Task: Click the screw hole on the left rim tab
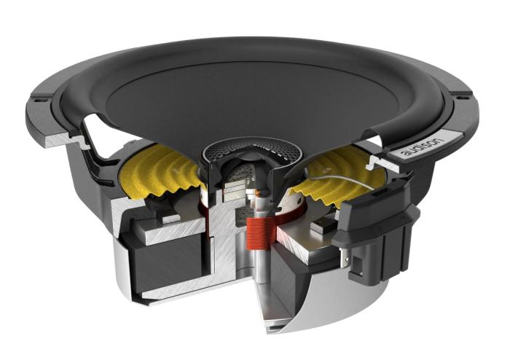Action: tap(37, 96)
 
